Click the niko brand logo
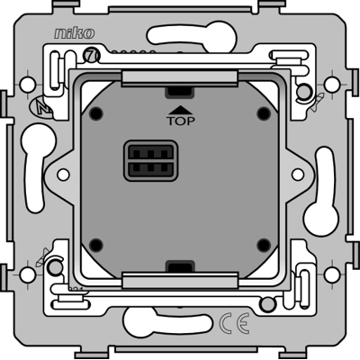point(74,33)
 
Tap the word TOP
point(181,121)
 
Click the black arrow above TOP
point(181,110)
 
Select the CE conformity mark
point(234,323)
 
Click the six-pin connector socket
point(151,161)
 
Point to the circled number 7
point(90,55)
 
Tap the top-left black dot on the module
point(96,113)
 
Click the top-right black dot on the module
point(264,112)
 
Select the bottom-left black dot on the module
point(96,245)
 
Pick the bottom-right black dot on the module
point(264,245)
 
